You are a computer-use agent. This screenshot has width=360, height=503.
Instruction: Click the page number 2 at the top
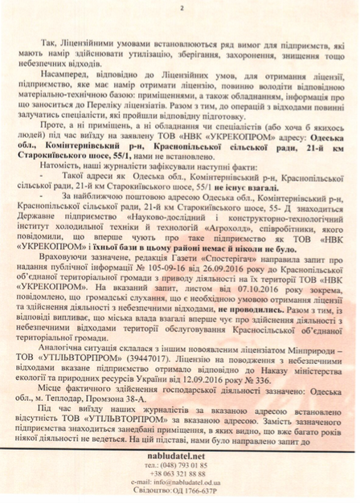(181, 9)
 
